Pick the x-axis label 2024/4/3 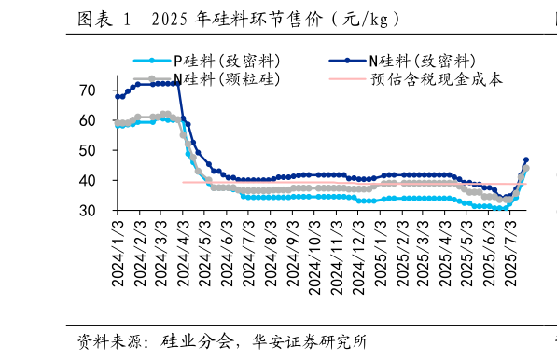184,252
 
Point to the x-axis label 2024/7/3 250,252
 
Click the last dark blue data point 525,159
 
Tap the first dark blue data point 118,96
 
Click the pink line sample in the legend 346,79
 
